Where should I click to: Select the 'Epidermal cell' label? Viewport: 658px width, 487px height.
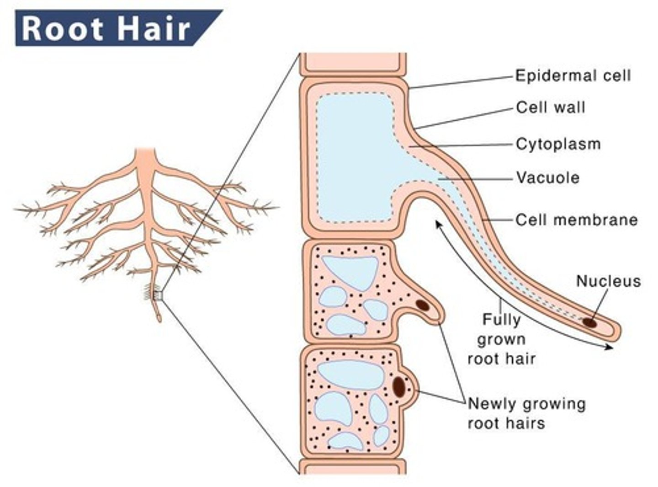[x=573, y=75]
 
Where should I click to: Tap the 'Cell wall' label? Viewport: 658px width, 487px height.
[x=551, y=107]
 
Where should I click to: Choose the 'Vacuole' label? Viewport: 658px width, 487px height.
[x=547, y=177]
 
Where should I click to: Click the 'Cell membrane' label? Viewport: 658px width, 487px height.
[x=576, y=220]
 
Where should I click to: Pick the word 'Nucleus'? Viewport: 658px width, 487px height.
[x=608, y=281]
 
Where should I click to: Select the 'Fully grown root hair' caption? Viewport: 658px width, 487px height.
[x=501, y=339]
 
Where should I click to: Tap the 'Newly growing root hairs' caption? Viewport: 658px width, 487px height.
[x=526, y=413]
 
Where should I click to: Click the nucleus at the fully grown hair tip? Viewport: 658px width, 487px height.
[x=590, y=322]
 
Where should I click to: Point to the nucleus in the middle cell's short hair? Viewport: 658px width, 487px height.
[x=422, y=305]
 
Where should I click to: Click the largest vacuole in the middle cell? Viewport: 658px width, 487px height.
[x=350, y=273]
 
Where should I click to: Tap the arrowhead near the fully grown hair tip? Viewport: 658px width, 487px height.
[x=608, y=348]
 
